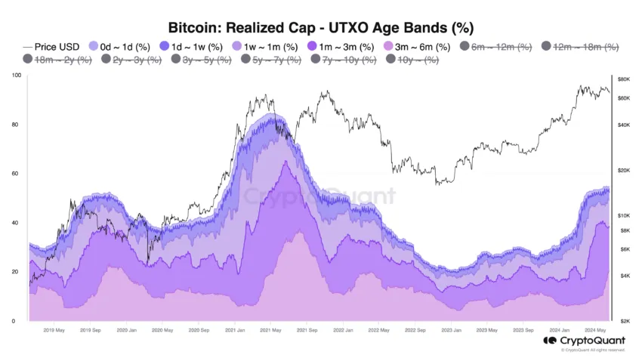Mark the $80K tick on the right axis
pyautogui.click(x=624, y=79)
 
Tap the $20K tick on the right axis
pyautogui.click(x=624, y=171)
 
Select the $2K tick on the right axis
pyautogui.click(x=624, y=321)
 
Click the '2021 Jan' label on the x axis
pyautogui.click(x=235, y=330)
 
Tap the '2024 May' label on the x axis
pyautogui.click(x=595, y=330)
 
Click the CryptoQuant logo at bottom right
pyautogui.click(x=584, y=341)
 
